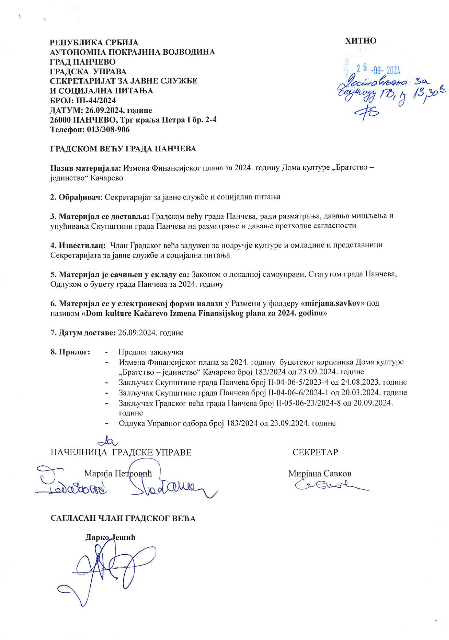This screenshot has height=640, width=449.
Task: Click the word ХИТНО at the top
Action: [361, 41]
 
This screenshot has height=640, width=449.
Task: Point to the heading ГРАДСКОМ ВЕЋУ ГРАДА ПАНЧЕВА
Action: [123, 149]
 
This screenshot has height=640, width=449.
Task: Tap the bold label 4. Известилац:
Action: [78, 245]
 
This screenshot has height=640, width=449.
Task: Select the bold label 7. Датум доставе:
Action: [83, 333]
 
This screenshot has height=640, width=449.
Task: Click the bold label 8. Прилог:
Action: [70, 352]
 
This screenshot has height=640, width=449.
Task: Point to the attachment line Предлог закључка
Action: [151, 352]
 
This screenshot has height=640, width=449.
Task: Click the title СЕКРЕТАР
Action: [315, 452]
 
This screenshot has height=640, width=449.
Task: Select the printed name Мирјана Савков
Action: [320, 474]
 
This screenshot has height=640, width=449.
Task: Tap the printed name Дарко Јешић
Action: [110, 538]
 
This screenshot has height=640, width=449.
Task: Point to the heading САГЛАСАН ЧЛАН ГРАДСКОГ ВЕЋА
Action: [123, 518]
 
